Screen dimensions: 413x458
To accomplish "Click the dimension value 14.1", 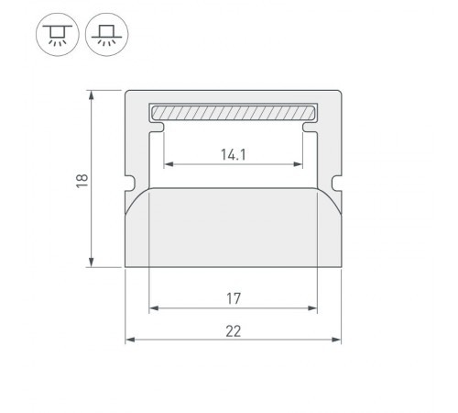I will tap(233, 154).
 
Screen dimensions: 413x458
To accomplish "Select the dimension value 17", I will tap(233, 297).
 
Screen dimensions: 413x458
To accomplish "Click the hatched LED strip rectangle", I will tap(233, 113).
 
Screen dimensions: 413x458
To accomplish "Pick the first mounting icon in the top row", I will tap(56, 35).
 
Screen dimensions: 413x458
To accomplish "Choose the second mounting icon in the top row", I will tap(106, 35).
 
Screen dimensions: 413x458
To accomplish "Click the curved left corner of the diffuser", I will tap(137, 197).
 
